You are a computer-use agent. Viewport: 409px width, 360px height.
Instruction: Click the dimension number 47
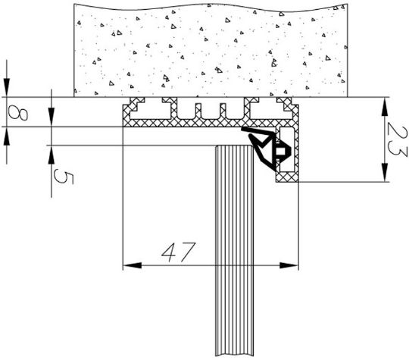coord(179,252)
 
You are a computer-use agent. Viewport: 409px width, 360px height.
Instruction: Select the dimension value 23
coord(396,142)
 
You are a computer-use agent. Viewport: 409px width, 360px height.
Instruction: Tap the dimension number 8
coord(17,113)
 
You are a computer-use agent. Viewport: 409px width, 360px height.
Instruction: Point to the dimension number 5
coord(64,177)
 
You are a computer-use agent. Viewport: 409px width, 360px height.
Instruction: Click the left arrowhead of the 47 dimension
coord(132,265)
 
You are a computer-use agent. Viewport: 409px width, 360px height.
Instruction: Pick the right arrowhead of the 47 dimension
coord(289,265)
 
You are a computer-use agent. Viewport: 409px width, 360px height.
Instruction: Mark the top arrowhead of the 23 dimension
coord(384,106)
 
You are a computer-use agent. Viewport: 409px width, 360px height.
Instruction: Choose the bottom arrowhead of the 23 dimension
coord(384,172)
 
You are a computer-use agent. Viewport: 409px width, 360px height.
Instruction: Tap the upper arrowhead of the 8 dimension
coord(7,88)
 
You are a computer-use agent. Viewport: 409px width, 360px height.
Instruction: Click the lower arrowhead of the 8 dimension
coord(7,136)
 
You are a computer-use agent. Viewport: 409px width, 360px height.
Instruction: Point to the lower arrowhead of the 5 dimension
coord(52,155)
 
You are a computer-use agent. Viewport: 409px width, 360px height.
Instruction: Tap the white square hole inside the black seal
coord(281,151)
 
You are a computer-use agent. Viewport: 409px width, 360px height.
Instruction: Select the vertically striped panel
coord(234,251)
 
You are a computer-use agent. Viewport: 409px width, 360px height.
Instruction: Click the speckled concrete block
coord(211,50)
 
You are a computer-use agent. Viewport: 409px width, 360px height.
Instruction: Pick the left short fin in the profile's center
coord(198,111)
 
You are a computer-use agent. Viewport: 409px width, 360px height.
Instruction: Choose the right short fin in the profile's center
coord(223,111)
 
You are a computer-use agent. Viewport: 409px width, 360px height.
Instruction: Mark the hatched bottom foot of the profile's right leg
coord(287,177)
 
